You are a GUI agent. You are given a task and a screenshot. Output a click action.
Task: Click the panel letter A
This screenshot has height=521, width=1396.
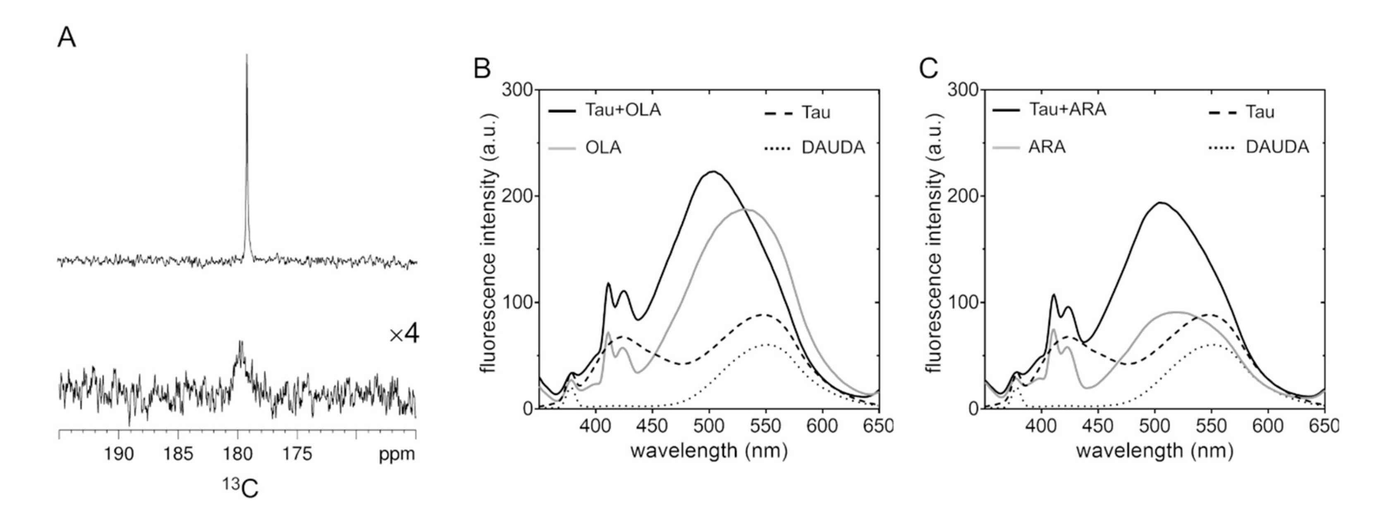tap(67, 38)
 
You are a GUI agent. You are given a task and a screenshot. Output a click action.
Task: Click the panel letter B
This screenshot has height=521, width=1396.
tap(482, 69)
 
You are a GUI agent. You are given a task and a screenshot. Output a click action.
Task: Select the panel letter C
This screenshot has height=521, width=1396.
tap(928, 69)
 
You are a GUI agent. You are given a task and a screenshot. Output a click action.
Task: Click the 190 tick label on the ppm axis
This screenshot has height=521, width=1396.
tap(119, 453)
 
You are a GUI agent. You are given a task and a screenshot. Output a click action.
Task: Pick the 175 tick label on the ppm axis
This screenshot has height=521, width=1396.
tap(297, 453)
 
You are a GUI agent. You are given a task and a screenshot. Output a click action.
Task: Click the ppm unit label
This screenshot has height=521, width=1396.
tap(397, 454)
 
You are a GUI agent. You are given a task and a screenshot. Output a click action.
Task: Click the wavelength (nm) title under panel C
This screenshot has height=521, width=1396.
tap(1154, 451)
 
